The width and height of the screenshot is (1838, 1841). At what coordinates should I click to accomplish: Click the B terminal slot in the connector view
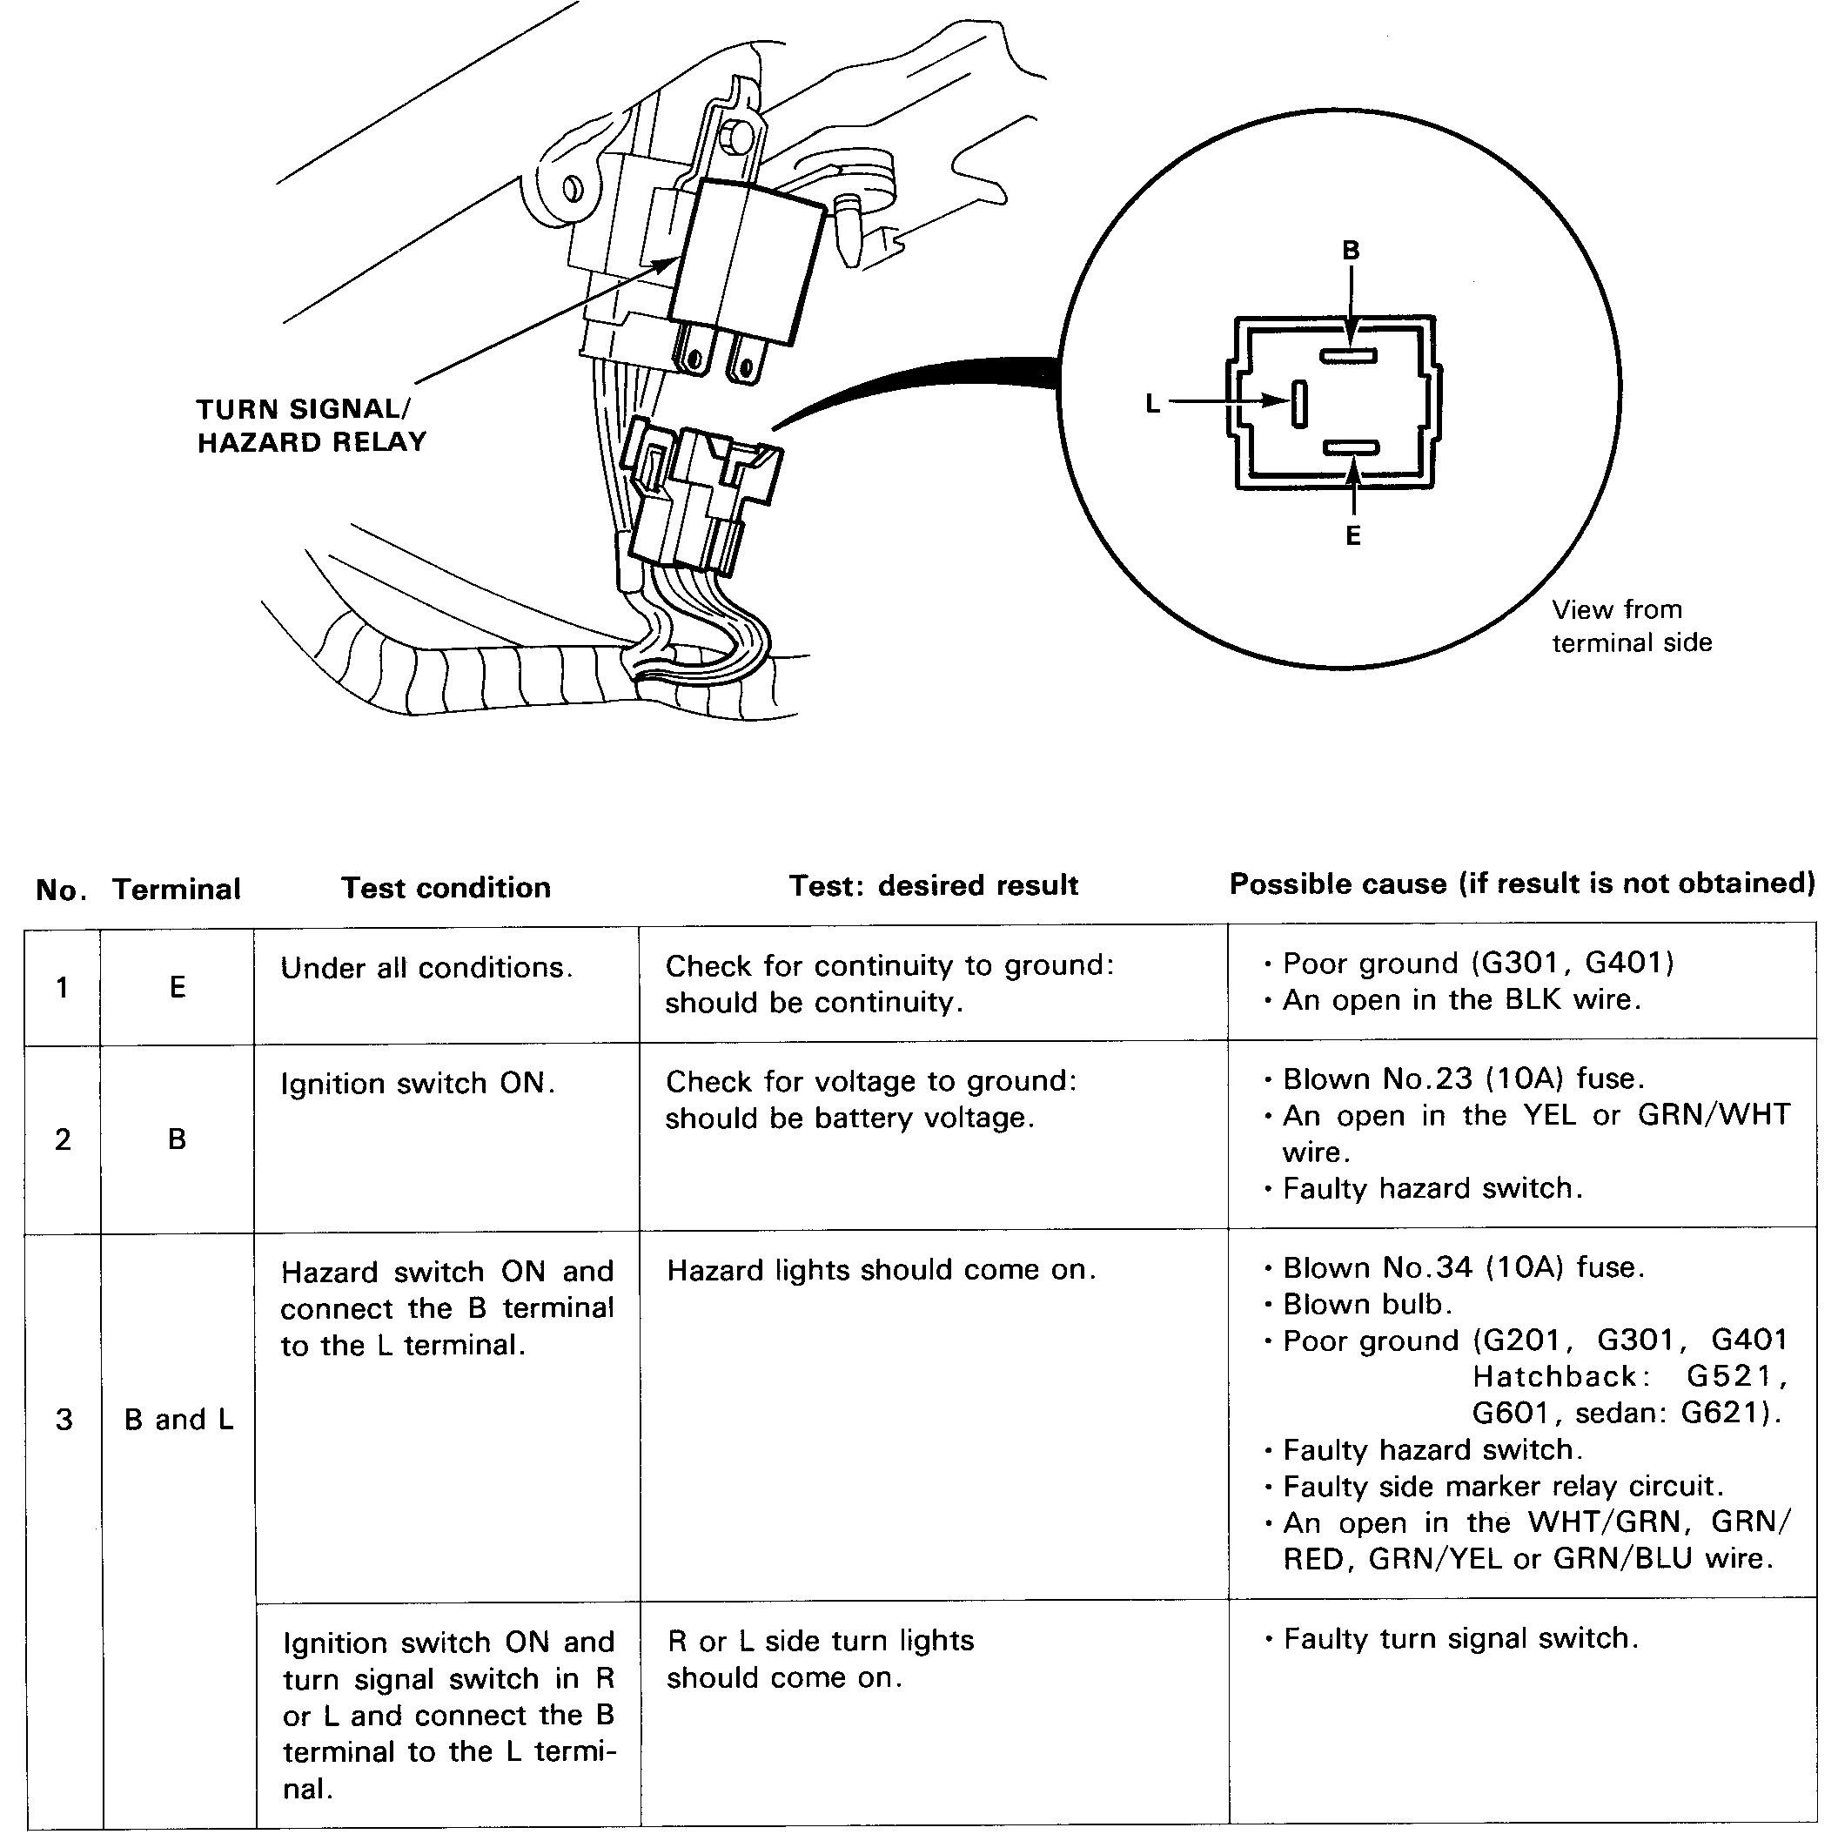tap(1347, 356)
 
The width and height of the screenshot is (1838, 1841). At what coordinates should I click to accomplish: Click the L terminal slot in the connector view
tap(1298, 403)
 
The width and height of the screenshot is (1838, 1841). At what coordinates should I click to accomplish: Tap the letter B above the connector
tap(1350, 251)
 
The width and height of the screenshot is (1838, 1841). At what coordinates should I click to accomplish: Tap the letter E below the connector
tap(1353, 536)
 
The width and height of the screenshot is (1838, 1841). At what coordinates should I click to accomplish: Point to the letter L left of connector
tap(1152, 404)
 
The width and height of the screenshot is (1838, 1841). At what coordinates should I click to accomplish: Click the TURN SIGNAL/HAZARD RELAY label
tap(311, 425)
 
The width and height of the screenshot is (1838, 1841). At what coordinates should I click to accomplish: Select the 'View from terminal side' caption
tap(1630, 626)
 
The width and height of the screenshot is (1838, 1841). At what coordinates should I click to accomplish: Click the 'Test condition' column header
tap(446, 888)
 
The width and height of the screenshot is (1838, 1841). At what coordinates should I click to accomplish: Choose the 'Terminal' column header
tap(177, 889)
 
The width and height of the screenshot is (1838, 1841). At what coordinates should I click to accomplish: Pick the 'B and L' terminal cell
tap(178, 1419)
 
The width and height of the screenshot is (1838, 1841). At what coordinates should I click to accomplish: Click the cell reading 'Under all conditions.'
tap(426, 968)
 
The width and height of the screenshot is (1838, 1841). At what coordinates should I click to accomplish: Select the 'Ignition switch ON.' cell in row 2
tap(418, 1084)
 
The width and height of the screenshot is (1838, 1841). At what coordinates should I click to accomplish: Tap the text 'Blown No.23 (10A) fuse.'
tap(1463, 1078)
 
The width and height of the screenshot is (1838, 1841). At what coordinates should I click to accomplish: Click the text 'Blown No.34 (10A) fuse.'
tap(1463, 1267)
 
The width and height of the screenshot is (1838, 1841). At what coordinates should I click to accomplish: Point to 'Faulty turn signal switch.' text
tap(1459, 1638)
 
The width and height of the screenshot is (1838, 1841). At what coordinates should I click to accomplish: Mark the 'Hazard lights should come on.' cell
tap(882, 1270)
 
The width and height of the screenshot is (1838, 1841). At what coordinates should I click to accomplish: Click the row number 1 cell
tap(62, 987)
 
